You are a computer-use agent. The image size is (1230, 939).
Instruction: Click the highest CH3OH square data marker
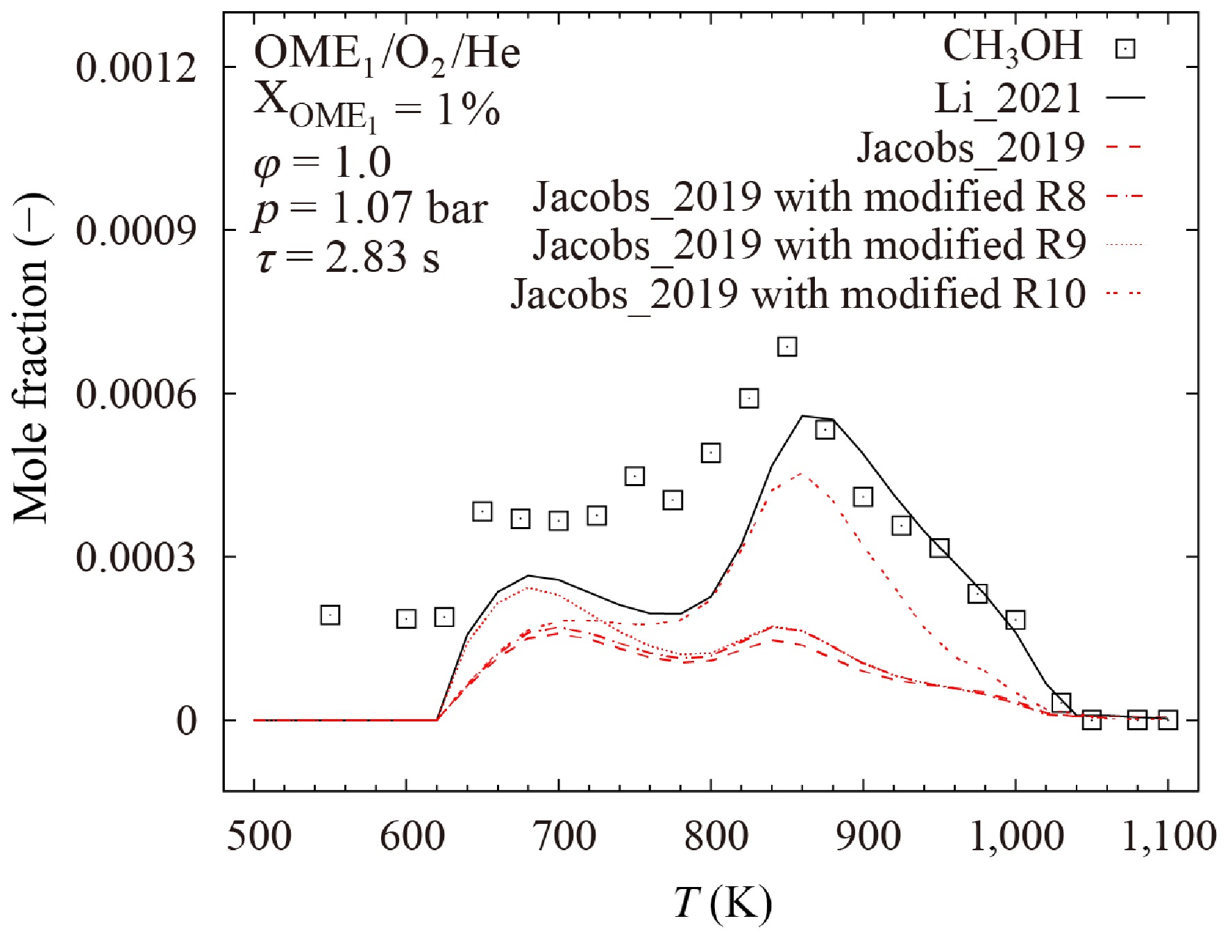tap(786, 346)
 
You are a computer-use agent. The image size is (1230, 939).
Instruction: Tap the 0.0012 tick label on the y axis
tap(136, 68)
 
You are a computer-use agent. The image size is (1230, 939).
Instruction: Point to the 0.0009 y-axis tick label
tap(136, 230)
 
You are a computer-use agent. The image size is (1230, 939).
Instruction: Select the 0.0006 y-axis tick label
tap(136, 394)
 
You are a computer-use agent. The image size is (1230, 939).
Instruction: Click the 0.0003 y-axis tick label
tap(136, 557)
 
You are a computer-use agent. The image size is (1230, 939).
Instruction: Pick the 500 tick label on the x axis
tap(259, 836)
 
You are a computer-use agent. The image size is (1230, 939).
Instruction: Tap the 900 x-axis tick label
tap(868, 836)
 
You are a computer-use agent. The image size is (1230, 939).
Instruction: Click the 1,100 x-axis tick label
tap(1169, 836)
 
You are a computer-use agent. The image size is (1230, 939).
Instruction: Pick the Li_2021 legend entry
tap(1008, 98)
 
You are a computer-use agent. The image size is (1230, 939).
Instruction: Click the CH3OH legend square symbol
tap(1125, 49)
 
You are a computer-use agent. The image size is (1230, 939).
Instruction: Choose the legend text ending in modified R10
tap(798, 293)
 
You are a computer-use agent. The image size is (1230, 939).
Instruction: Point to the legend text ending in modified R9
tap(809, 245)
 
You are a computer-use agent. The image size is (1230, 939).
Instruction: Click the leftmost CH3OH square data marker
tap(330, 614)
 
